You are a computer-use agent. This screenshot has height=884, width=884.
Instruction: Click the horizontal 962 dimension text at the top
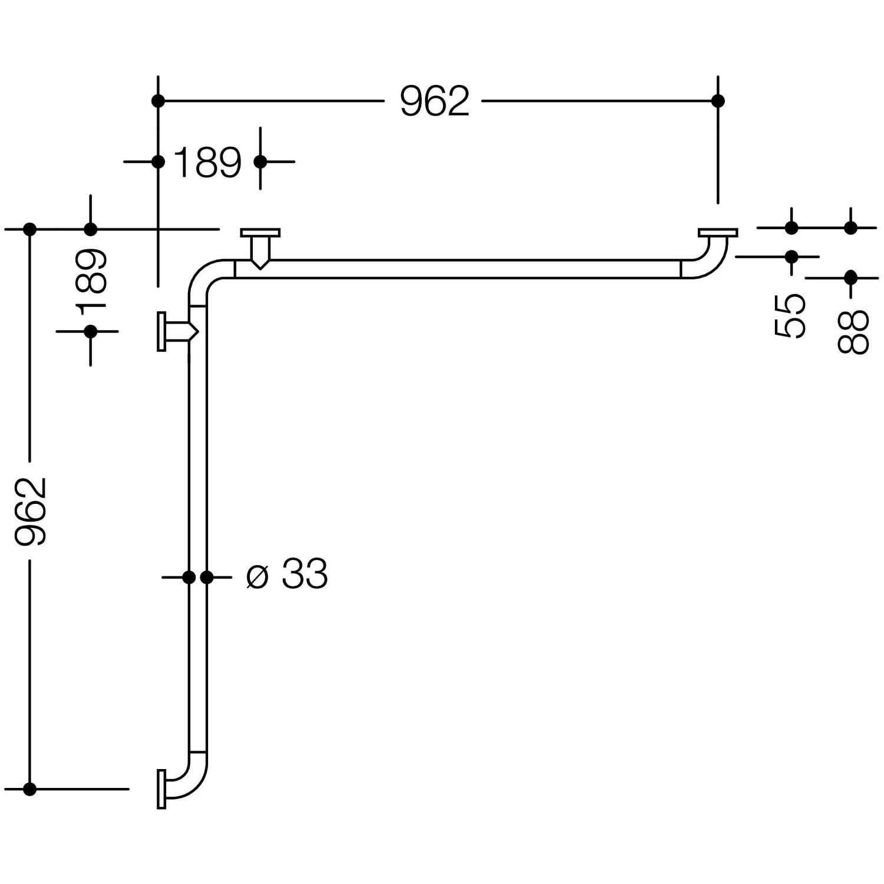(434, 101)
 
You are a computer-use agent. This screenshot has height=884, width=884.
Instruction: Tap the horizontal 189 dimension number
(208, 162)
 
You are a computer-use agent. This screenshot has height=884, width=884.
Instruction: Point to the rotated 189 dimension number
(91, 279)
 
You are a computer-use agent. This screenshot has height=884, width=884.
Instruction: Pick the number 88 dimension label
(853, 332)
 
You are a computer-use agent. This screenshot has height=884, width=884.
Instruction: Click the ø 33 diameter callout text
(287, 573)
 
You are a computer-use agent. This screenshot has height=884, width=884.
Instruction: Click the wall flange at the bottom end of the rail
(161, 789)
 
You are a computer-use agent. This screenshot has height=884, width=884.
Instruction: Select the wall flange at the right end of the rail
(718, 233)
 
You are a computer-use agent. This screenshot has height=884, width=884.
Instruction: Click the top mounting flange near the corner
(260, 232)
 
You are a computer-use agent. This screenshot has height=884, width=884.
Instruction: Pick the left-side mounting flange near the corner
(161, 332)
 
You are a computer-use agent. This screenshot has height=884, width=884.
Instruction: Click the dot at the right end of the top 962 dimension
(718, 101)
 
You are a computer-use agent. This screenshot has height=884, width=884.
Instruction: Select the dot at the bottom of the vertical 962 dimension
(30, 789)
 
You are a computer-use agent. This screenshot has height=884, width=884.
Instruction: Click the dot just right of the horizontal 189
(260, 161)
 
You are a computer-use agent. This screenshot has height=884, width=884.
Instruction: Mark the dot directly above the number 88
(850, 277)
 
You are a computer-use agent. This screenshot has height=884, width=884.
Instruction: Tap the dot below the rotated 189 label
(90, 332)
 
